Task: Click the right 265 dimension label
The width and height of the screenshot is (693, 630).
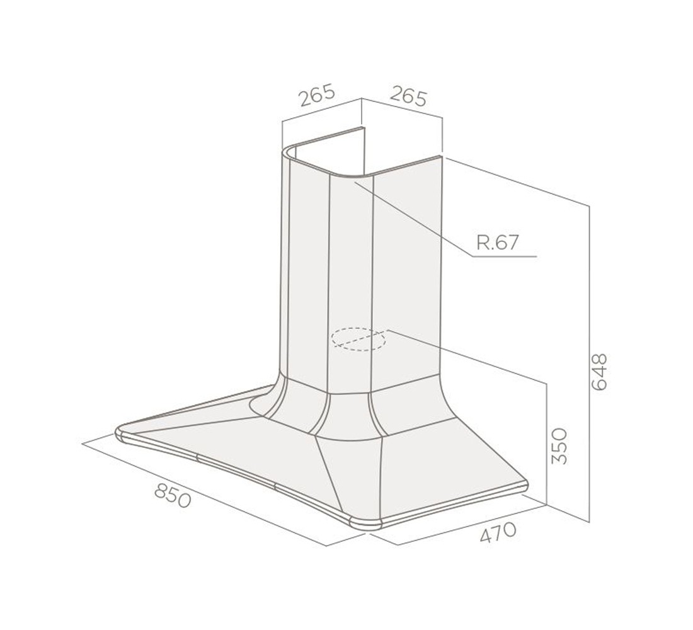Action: tap(409, 96)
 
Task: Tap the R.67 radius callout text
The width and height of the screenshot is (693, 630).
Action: tap(497, 243)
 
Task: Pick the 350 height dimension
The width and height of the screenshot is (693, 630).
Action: tap(559, 446)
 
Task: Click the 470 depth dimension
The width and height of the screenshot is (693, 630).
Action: tap(498, 532)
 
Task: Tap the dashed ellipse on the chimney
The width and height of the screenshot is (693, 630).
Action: tap(358, 339)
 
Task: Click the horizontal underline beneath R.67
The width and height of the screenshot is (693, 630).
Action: tap(505, 256)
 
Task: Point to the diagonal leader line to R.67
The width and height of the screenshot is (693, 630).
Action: tap(413, 219)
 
